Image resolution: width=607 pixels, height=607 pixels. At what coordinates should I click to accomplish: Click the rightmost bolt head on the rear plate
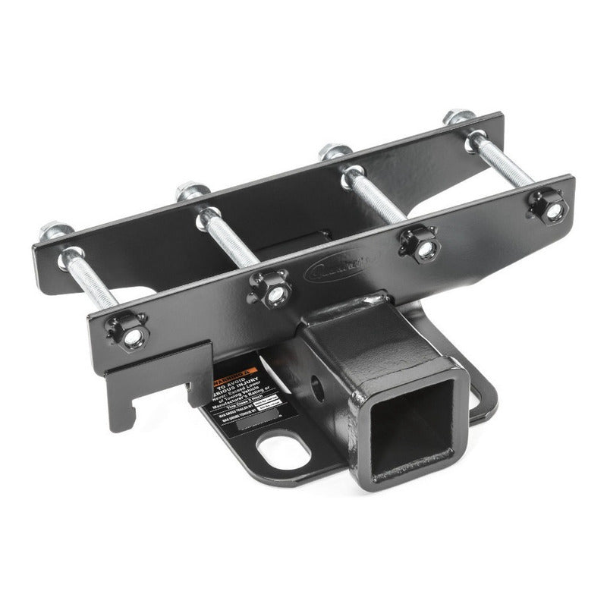point(459,118)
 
